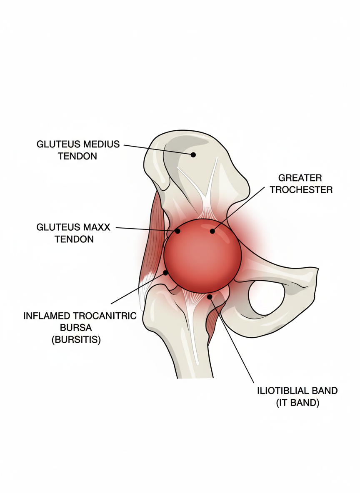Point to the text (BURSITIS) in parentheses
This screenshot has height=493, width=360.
click(x=76, y=339)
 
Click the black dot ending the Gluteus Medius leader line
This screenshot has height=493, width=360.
click(x=193, y=154)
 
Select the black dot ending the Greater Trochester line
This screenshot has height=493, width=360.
click(x=212, y=231)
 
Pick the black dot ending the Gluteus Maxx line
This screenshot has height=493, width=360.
click(x=178, y=231)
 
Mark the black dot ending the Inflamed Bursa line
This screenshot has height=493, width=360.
click(x=166, y=273)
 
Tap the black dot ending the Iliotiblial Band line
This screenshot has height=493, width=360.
click(x=210, y=296)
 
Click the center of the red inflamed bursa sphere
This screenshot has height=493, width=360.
click(x=202, y=255)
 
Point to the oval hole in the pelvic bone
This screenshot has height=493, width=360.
click(x=267, y=297)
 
